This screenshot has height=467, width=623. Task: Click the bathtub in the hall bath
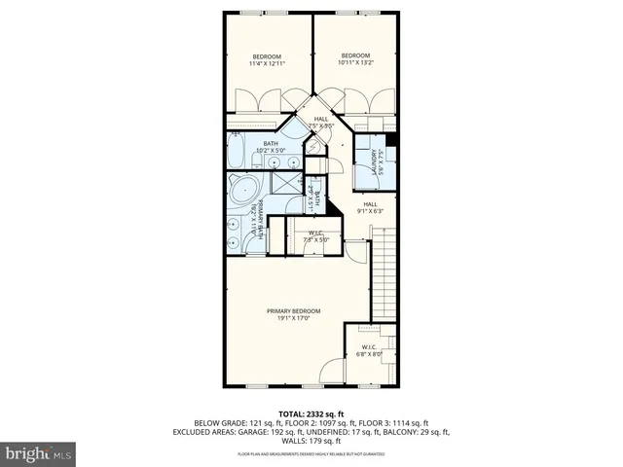click(237, 152)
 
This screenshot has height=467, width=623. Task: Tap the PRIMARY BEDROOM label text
click(294, 310)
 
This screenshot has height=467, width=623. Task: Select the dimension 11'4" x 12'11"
click(267, 64)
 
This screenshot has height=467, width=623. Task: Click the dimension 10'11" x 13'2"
click(355, 62)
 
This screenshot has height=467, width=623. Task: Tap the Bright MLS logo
click(39, 453)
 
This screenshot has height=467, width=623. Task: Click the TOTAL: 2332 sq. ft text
click(311, 413)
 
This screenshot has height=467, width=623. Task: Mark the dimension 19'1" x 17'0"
click(294, 318)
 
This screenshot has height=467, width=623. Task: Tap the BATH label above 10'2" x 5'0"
click(271, 144)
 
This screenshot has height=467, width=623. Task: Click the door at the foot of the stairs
click(358, 250)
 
